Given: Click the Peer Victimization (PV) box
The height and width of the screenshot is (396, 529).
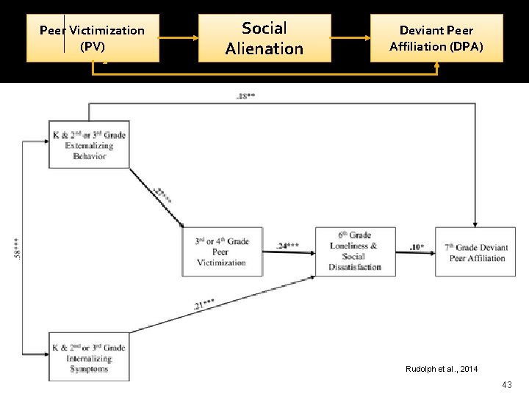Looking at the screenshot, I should pyautogui.click(x=93, y=38).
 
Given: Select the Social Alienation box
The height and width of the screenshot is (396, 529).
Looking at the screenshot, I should pyautogui.click(x=264, y=38).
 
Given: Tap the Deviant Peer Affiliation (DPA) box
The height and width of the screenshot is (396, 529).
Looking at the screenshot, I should pyautogui.click(x=436, y=38).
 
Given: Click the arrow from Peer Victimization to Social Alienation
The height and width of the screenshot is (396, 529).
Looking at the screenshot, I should pyautogui.click(x=179, y=37).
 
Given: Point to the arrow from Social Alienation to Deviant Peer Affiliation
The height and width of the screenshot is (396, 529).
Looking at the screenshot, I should pyautogui.click(x=350, y=37).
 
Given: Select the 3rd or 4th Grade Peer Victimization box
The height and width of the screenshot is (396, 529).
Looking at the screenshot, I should pyautogui.click(x=222, y=252).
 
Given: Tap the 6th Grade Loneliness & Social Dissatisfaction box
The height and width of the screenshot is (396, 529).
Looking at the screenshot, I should pyautogui.click(x=355, y=252).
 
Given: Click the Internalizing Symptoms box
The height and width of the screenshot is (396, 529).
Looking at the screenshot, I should pyautogui.click(x=89, y=358).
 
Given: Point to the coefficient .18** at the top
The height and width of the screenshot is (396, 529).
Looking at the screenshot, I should pyautogui.click(x=245, y=97).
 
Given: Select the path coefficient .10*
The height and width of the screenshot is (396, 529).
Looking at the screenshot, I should pyautogui.click(x=415, y=247).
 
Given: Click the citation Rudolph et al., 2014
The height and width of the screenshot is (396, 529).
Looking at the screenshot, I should pyautogui.click(x=441, y=368).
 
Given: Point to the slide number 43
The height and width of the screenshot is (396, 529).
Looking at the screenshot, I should pyautogui.click(x=506, y=385).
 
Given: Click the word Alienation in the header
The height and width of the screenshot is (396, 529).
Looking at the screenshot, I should pyautogui.click(x=264, y=48).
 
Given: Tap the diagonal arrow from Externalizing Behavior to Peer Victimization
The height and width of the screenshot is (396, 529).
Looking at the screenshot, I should pyautogui.click(x=156, y=198).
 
